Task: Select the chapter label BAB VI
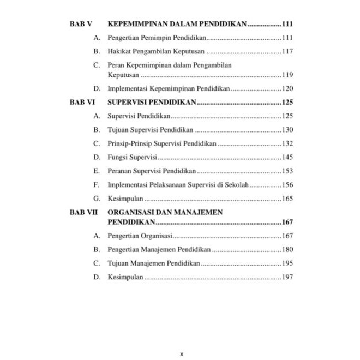[82, 102]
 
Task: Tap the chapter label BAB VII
[84, 212]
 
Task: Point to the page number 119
[287, 75]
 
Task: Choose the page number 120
[287, 88]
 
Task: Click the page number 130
[287, 130]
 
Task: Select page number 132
[287, 143]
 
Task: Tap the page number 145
[287, 158]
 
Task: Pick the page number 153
[287, 171]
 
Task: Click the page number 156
[287, 185]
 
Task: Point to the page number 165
[287, 199]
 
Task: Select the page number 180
[287, 250]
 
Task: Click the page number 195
[287, 263]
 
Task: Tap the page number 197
[287, 277]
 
